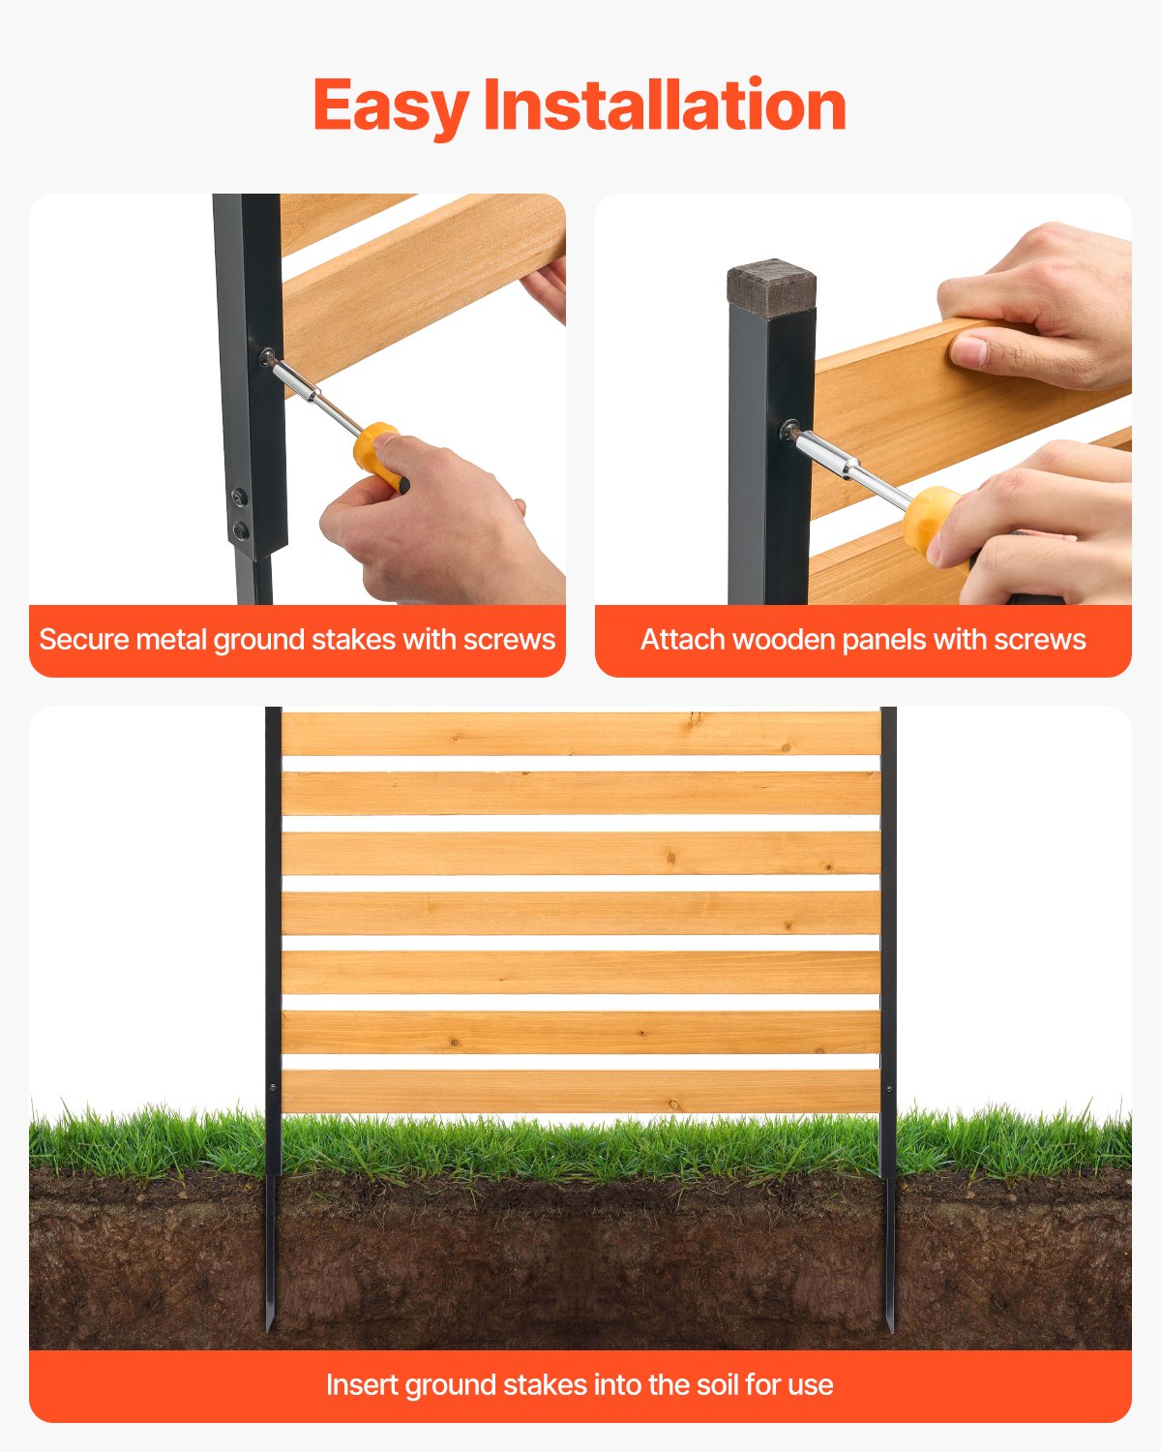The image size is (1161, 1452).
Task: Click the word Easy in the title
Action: click(390, 106)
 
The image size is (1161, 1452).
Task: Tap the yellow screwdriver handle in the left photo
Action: click(377, 451)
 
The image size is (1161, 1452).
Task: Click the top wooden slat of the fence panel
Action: click(580, 734)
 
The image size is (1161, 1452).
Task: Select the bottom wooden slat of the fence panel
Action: click(580, 1091)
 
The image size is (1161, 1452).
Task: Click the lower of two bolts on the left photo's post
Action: click(240, 529)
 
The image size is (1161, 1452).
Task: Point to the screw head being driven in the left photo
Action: click(266, 357)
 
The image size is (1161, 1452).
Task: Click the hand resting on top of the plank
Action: click(1035, 310)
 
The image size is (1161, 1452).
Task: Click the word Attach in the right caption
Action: click(676, 640)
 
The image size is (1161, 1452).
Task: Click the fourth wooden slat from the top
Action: click(580, 913)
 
